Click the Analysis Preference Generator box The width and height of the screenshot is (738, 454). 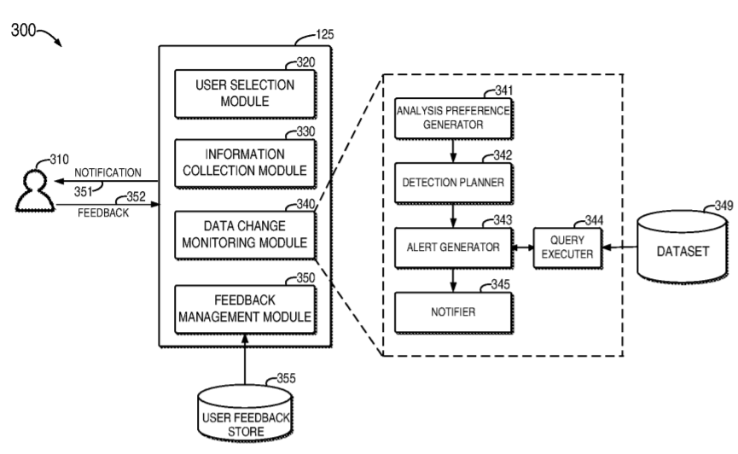452,116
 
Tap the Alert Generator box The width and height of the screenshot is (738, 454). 452,247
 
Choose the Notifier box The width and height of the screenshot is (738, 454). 452,311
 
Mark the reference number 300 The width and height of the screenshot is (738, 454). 24,30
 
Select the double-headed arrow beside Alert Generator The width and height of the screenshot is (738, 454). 521,247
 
